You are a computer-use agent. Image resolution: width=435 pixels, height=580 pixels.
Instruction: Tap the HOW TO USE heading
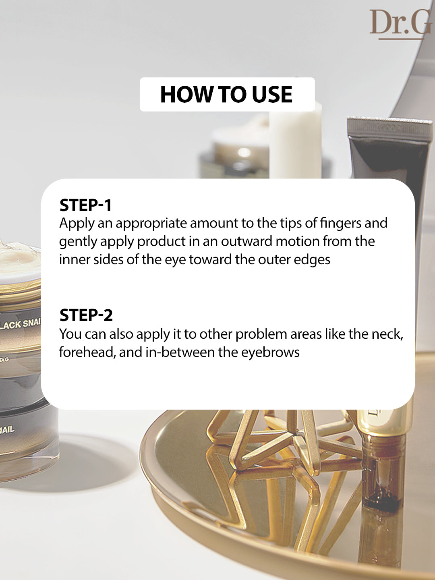point(226,94)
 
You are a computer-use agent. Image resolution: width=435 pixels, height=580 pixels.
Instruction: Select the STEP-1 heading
point(85,205)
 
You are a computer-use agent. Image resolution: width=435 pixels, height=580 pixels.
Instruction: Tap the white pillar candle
point(295,140)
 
